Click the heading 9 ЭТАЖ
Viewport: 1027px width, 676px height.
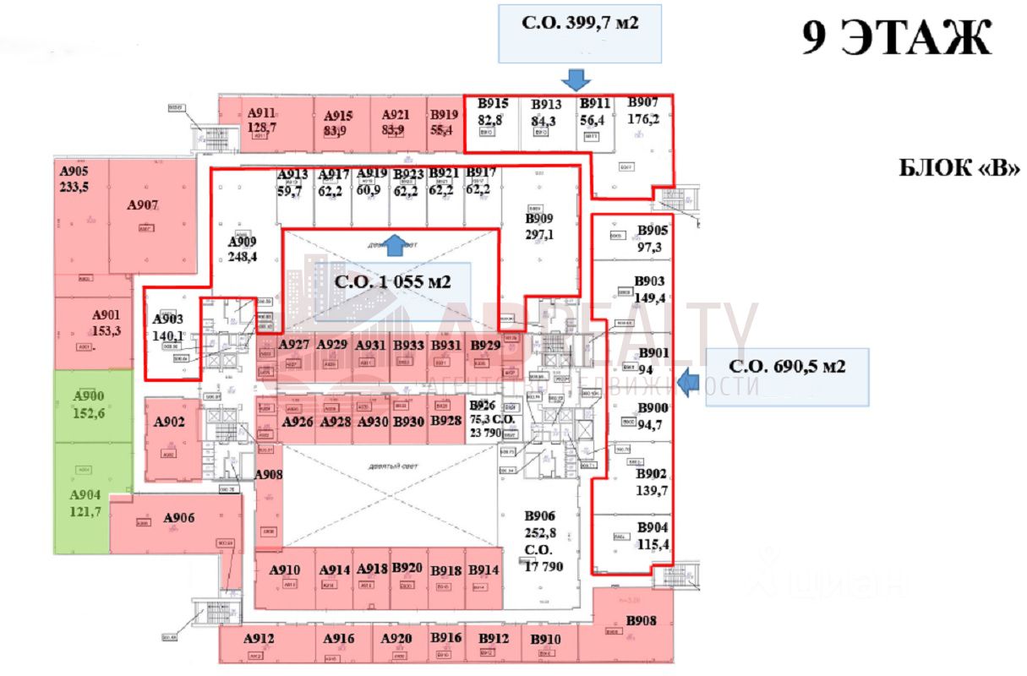(x=897, y=37)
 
